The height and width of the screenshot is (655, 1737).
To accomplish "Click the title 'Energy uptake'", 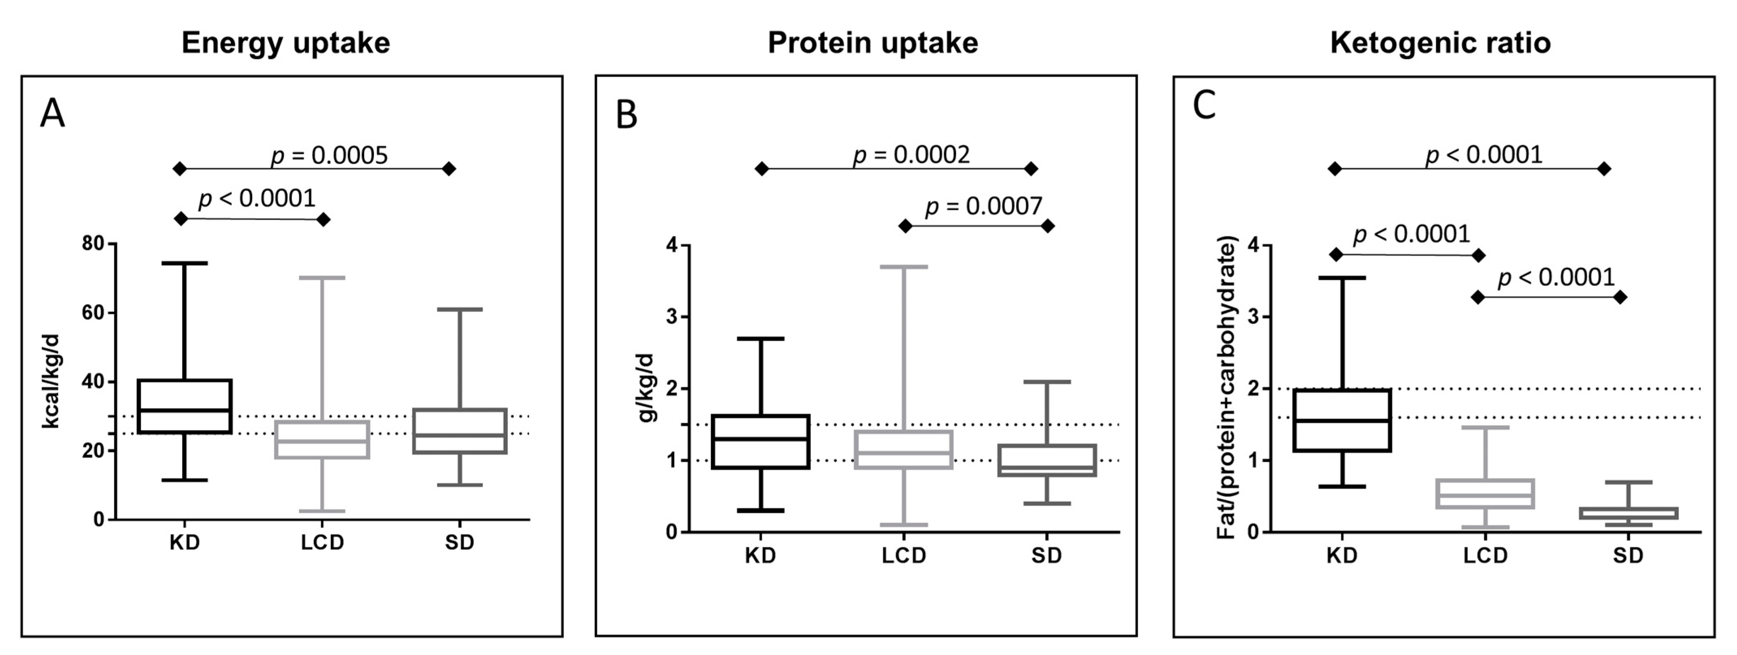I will (285, 43).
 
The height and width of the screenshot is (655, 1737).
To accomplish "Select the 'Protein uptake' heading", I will (872, 43).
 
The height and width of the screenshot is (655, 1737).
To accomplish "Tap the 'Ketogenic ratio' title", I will (1440, 43).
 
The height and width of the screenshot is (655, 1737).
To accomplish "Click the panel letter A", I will (53, 113).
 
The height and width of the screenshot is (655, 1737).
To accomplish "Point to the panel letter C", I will (1204, 106).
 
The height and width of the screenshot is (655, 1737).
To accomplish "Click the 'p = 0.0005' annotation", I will (329, 155).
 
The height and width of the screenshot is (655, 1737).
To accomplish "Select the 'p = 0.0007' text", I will (984, 206).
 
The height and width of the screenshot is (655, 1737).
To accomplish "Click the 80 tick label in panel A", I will (93, 244).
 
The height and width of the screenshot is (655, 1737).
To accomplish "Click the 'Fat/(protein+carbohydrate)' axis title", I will (1227, 388).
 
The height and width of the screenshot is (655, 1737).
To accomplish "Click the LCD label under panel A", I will (322, 543).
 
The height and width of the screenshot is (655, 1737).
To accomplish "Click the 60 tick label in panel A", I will (93, 313).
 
